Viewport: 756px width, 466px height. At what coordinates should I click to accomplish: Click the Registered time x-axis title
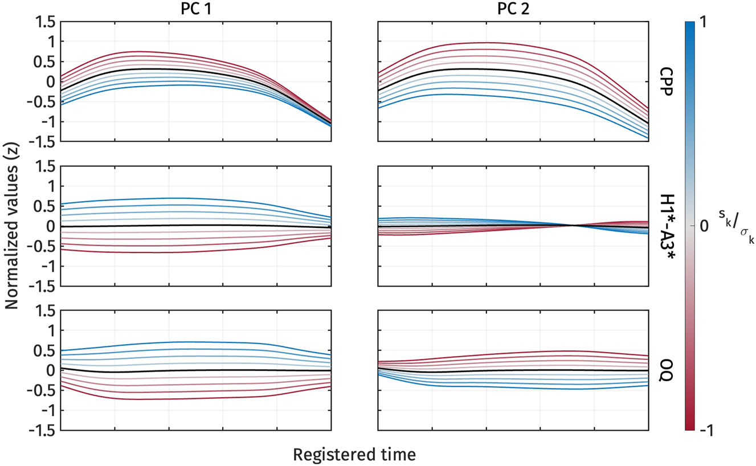[354, 455]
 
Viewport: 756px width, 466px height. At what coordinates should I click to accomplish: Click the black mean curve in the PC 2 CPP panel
[484, 69]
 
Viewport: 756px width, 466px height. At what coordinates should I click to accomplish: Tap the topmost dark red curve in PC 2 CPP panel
[484, 43]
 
